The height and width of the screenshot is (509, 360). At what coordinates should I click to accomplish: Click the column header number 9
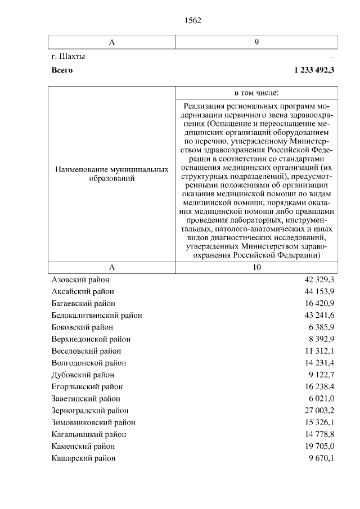[x=256, y=42]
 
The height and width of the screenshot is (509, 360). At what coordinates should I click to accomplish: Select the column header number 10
[x=256, y=267]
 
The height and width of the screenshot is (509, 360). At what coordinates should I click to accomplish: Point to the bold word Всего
[x=62, y=70]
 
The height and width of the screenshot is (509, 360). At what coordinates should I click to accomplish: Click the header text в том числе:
[x=256, y=92]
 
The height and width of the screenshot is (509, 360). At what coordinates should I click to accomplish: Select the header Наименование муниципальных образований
[x=112, y=174]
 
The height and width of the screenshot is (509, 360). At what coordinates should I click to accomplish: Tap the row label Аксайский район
[x=83, y=291]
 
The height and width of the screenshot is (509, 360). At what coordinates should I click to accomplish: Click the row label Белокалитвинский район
[x=97, y=315]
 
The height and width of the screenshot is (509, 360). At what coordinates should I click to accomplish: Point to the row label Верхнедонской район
[x=91, y=339]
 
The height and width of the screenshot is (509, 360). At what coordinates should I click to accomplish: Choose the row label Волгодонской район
[x=89, y=363]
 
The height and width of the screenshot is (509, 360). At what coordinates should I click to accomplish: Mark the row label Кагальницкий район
[x=89, y=434]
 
